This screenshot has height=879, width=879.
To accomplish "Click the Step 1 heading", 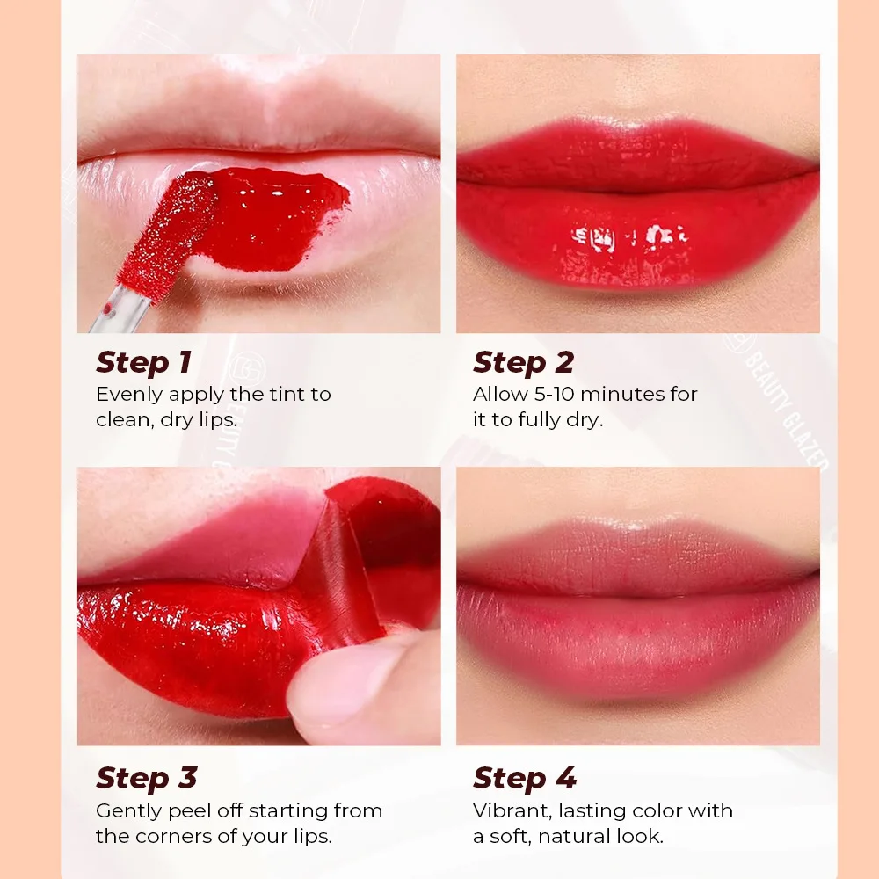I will coord(143,362).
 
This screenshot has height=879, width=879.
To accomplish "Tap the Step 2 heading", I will coord(523,362).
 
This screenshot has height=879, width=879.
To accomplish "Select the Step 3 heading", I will coord(146,778).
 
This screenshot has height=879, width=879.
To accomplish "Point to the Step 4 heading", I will coord(525,778).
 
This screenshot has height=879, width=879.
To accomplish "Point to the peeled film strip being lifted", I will coord(352,563).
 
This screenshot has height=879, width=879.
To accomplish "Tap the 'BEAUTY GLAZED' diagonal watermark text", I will coord(782,404).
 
